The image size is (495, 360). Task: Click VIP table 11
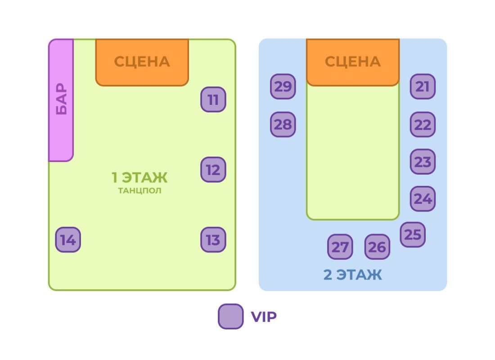pos(213,99)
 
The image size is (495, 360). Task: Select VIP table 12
pos(213,170)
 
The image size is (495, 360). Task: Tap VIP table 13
pos(213,240)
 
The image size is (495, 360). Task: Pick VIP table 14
pos(68,240)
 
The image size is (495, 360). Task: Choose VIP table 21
pos(423,86)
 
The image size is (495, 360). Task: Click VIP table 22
pos(423,124)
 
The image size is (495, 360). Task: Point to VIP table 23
pos(423,162)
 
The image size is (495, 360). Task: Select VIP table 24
pos(423,198)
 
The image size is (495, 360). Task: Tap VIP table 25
pos(413,234)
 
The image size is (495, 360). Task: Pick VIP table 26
pos(377,247)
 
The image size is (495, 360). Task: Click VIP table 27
pos(340,247)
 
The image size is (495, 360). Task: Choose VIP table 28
pos(283,124)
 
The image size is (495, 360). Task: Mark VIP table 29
pos(283,86)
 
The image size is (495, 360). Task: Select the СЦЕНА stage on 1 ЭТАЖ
pos(142,62)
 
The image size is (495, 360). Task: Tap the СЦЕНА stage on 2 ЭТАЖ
pos(353,62)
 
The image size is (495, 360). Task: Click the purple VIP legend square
pos(231,317)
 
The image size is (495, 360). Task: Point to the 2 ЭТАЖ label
pos(353,274)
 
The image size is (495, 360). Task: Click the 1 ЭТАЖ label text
pos(139,177)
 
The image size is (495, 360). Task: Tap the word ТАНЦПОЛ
pos(139,191)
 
